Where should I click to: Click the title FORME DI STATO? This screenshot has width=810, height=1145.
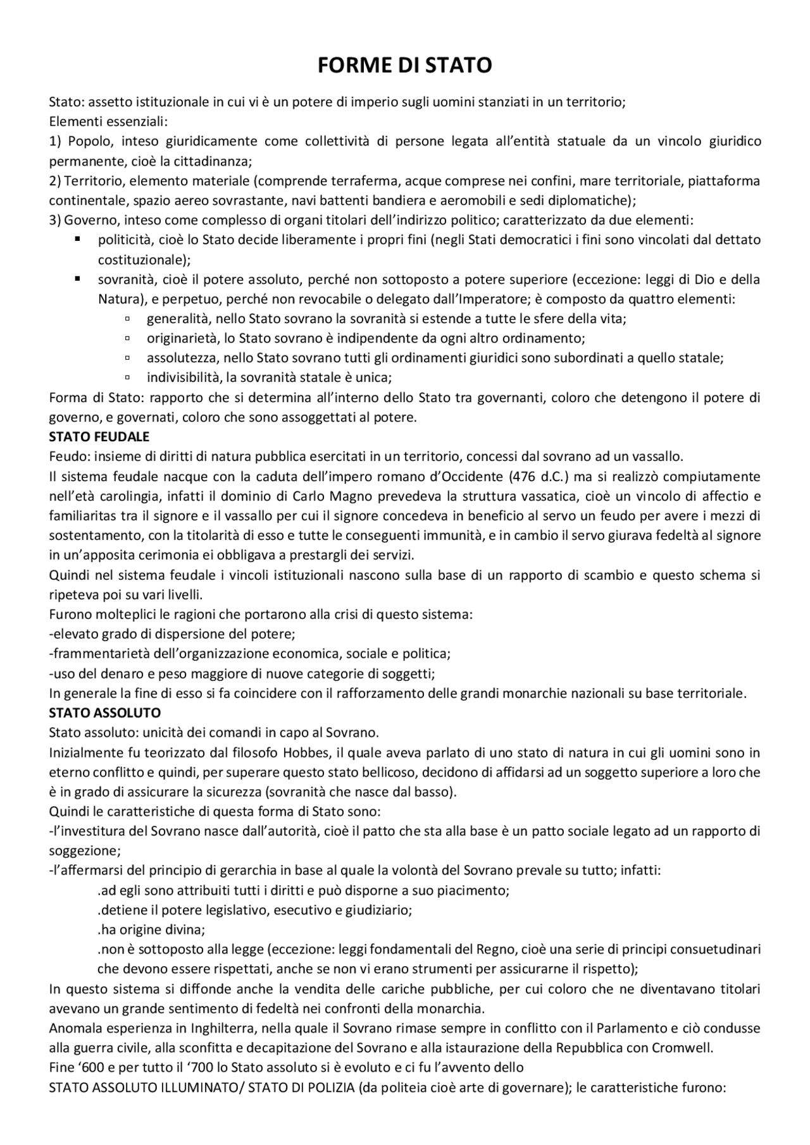(404, 65)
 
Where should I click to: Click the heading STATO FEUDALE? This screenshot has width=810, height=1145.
(99, 437)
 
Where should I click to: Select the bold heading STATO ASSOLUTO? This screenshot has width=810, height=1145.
(105, 713)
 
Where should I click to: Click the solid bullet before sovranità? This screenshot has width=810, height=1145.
(77, 279)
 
